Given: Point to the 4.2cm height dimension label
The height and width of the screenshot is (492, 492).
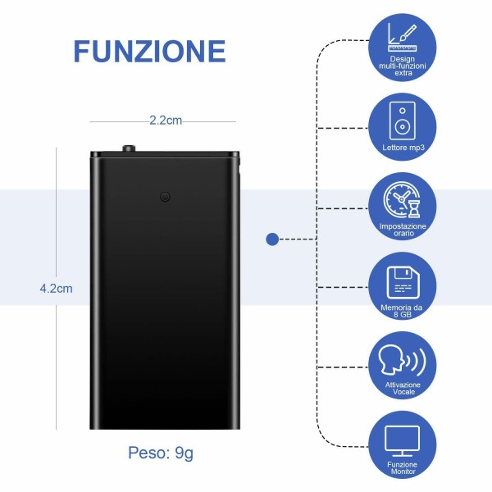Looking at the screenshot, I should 56,288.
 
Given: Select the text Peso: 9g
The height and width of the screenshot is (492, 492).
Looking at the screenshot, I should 161,452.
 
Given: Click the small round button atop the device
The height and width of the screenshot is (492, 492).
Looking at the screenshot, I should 129,149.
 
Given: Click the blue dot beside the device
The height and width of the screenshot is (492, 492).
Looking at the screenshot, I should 272,239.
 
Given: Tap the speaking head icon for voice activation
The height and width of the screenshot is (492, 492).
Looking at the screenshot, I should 402,361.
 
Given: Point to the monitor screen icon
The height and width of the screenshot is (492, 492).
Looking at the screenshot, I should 402,440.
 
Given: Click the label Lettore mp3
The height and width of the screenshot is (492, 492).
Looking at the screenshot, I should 402,148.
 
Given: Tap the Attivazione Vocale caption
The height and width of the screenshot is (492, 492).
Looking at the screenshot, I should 402,389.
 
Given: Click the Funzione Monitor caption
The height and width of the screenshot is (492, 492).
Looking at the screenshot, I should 402,468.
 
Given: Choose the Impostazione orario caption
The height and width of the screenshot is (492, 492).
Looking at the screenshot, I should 402,230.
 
